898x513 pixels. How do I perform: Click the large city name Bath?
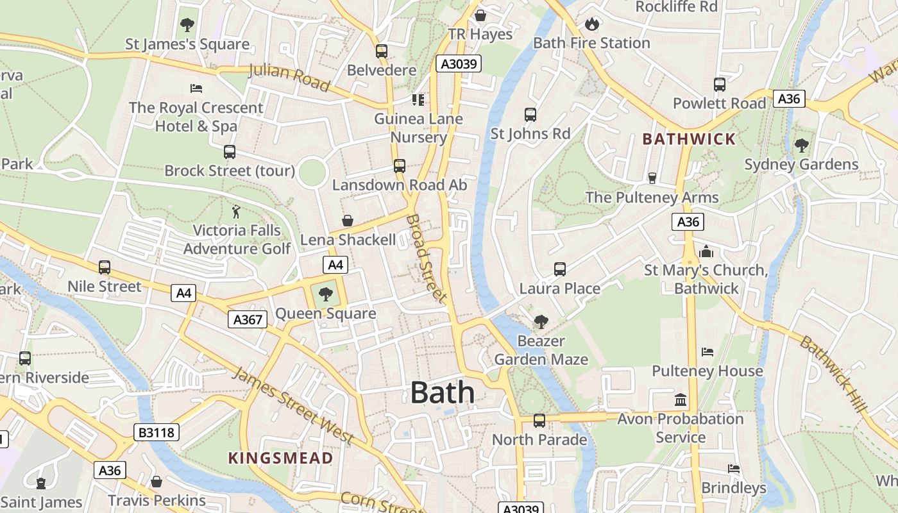[x=443, y=392]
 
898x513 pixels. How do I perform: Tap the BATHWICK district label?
[x=689, y=139]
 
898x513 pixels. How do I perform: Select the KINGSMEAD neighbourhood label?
[x=281, y=458]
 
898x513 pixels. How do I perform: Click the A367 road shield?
[x=248, y=319]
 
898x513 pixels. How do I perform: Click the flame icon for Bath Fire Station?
[x=591, y=24]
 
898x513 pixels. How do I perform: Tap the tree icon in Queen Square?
[x=326, y=294]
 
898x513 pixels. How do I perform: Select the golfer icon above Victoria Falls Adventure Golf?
[x=237, y=211]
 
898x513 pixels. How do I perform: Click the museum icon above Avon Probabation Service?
[x=681, y=400]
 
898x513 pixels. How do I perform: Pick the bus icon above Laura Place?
[x=560, y=269]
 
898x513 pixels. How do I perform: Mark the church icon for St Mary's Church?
[x=706, y=251]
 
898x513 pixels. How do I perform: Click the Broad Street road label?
[x=426, y=258]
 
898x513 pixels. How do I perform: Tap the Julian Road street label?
[x=289, y=78]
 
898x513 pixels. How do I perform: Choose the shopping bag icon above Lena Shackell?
[x=348, y=221]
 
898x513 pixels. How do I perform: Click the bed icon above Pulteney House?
[x=707, y=351]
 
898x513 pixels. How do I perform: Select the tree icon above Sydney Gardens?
[x=801, y=146]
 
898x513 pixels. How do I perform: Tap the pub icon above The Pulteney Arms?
[x=652, y=178]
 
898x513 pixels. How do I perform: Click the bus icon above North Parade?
[x=539, y=421]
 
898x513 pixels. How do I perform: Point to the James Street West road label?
[x=292, y=406]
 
